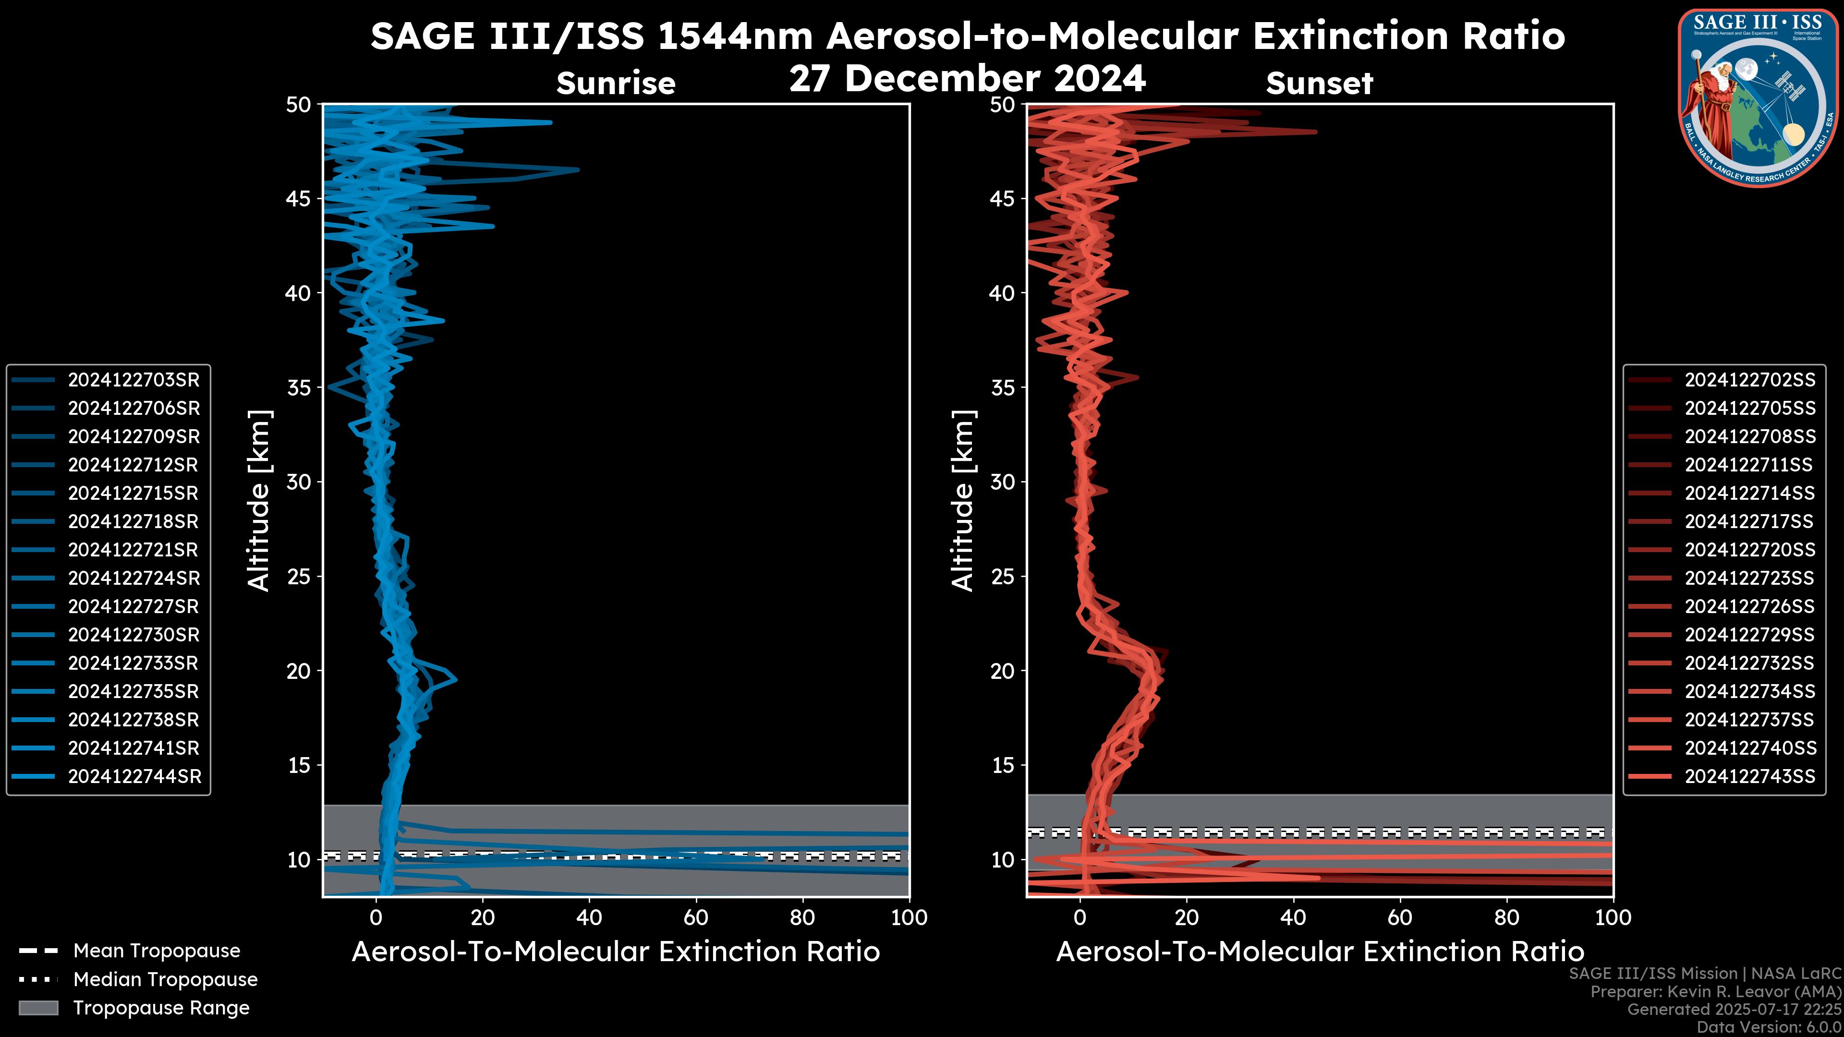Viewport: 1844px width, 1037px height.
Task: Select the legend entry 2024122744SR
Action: [134, 776]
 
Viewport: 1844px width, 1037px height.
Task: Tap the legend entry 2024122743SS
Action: [1749, 776]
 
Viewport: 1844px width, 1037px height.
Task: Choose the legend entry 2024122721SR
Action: [133, 550]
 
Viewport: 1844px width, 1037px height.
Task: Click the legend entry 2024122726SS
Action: [1749, 606]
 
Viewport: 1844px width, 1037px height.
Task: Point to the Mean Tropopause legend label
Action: [156, 951]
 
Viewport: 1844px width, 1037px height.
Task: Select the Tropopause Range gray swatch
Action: [38, 1008]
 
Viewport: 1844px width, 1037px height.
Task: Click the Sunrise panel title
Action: [616, 83]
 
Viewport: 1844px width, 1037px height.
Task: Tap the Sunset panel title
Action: [1319, 83]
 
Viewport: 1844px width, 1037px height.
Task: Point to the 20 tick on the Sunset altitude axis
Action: [1003, 671]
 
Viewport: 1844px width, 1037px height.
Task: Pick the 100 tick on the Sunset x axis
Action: [1613, 917]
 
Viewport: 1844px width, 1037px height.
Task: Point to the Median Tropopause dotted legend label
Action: [165, 979]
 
